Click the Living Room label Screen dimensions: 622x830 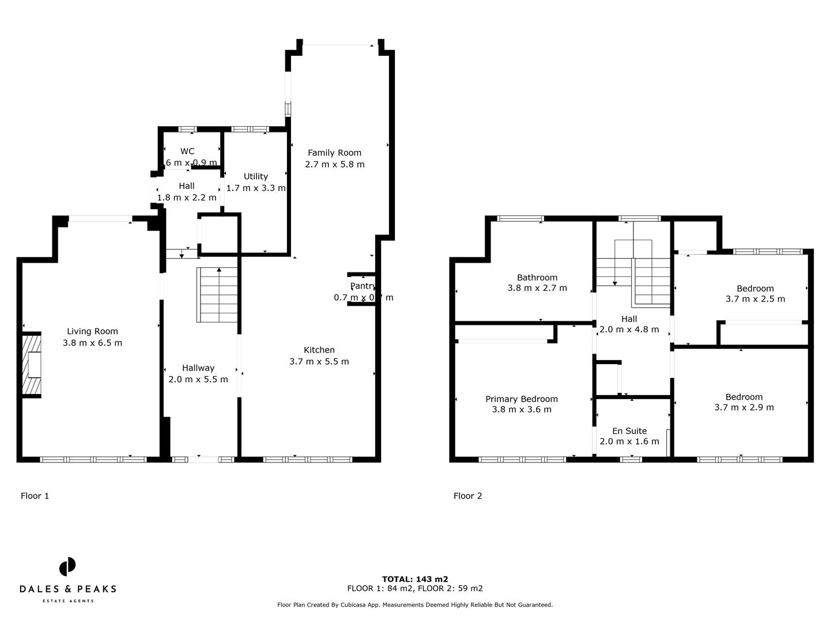coord(92,331)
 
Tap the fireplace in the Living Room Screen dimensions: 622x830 coord(32,365)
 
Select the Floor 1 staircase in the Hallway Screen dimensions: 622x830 coord(217,295)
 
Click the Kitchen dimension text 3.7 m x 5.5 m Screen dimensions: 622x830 coord(319,362)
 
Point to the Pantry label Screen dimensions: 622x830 coord(363,286)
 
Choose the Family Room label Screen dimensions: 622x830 coord(334,153)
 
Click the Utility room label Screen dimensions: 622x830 coord(255,176)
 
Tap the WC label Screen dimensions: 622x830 coord(187,151)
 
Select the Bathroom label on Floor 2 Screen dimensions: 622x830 coord(537,278)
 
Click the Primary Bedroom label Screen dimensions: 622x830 coord(521,399)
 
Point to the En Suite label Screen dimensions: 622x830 coord(629,431)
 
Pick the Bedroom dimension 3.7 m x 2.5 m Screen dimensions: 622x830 coord(754,299)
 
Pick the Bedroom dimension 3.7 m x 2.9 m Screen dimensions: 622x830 coord(744,407)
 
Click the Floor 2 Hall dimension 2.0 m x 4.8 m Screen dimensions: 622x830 coord(629,330)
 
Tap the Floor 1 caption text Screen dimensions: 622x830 coord(35,496)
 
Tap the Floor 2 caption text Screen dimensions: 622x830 coord(467,496)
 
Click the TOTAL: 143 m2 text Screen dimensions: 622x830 coord(414,579)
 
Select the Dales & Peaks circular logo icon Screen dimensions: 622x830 coord(67,567)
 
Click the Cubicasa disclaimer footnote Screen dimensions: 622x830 coord(414,605)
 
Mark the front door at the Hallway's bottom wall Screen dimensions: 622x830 coord(204,459)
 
